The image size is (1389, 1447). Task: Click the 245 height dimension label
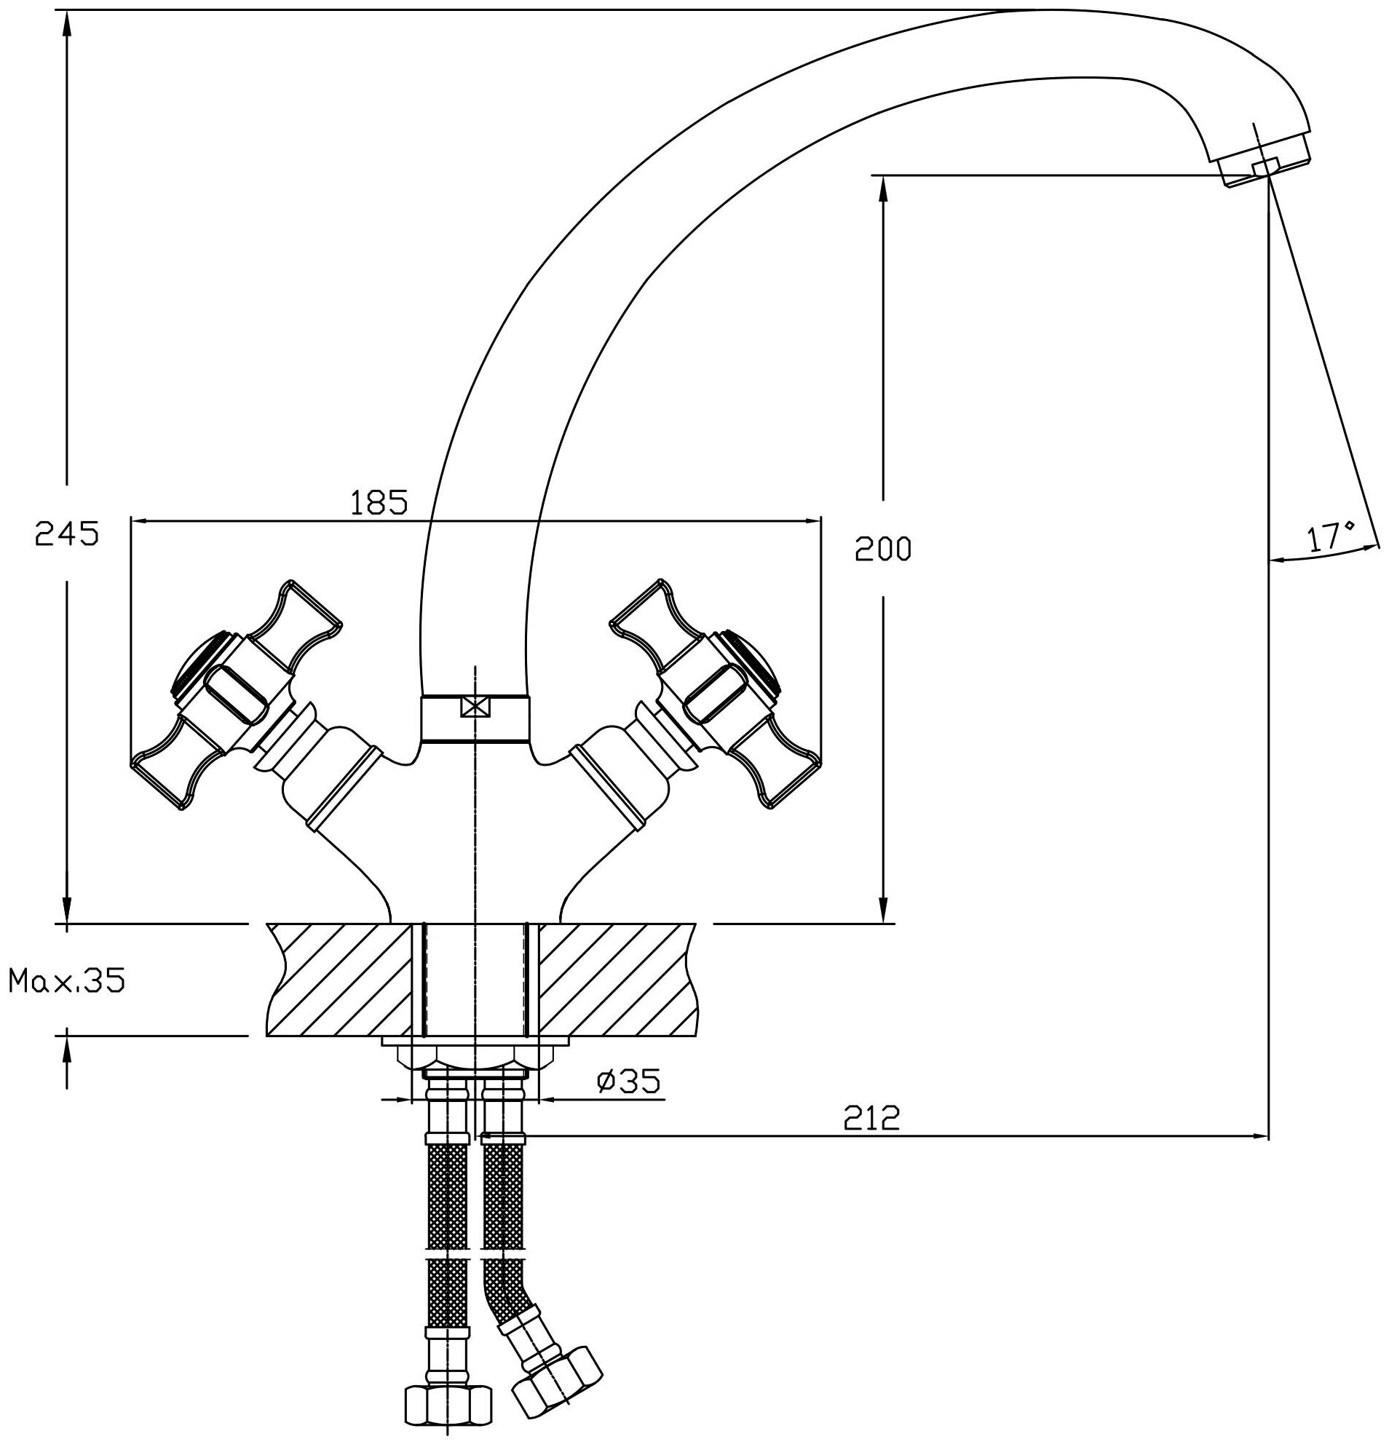[x=66, y=533]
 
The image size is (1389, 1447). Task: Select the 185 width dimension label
[x=379, y=503]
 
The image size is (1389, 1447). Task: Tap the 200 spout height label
[x=883, y=550]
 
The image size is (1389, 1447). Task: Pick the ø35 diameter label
[x=628, y=1082]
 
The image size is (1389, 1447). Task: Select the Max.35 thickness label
[x=66, y=980]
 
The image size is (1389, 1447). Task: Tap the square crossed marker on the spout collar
[x=475, y=706]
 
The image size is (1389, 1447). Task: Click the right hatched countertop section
[x=617, y=979]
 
